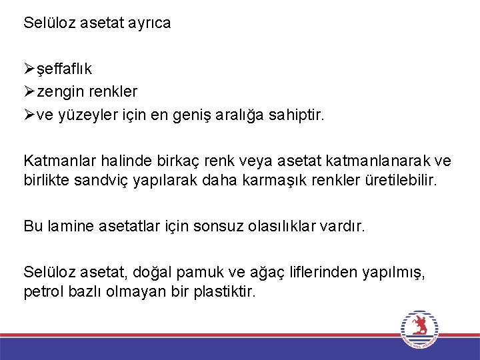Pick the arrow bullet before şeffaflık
29,68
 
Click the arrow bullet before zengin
29,91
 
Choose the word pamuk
198,273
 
